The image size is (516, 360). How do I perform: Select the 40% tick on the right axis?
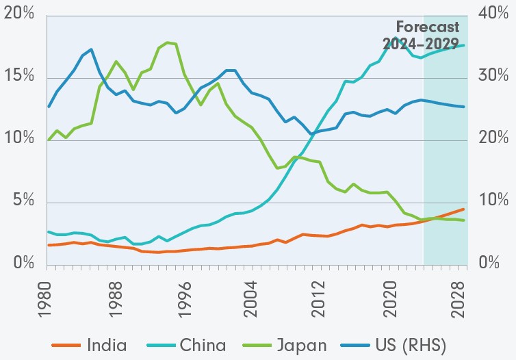coord(492,14)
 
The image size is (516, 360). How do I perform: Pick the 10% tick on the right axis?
coord(492,202)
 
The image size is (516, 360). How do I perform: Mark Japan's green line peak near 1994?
coord(168,42)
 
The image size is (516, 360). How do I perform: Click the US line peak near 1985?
coord(91,49)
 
